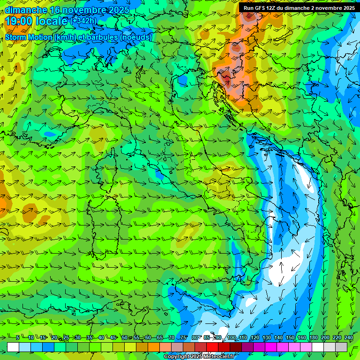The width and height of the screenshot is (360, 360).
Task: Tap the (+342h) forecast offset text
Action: pyautogui.click(x=83, y=21)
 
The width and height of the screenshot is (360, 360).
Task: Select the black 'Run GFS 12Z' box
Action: pyautogui.click(x=298, y=7)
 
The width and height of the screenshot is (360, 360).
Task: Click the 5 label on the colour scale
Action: pyautogui.click(x=17, y=337)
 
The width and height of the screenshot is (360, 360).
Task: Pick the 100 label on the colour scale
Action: pyautogui.click(x=231, y=337)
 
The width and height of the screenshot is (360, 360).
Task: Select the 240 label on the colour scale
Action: pyautogui.click(x=348, y=337)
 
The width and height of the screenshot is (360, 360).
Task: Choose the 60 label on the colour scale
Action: pyautogui.click(x=148, y=337)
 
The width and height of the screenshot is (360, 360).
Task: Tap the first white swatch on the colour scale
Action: pyautogui.click(x=13, y=347)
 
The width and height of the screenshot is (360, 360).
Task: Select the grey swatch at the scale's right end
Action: pyautogui.click(x=341, y=347)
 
